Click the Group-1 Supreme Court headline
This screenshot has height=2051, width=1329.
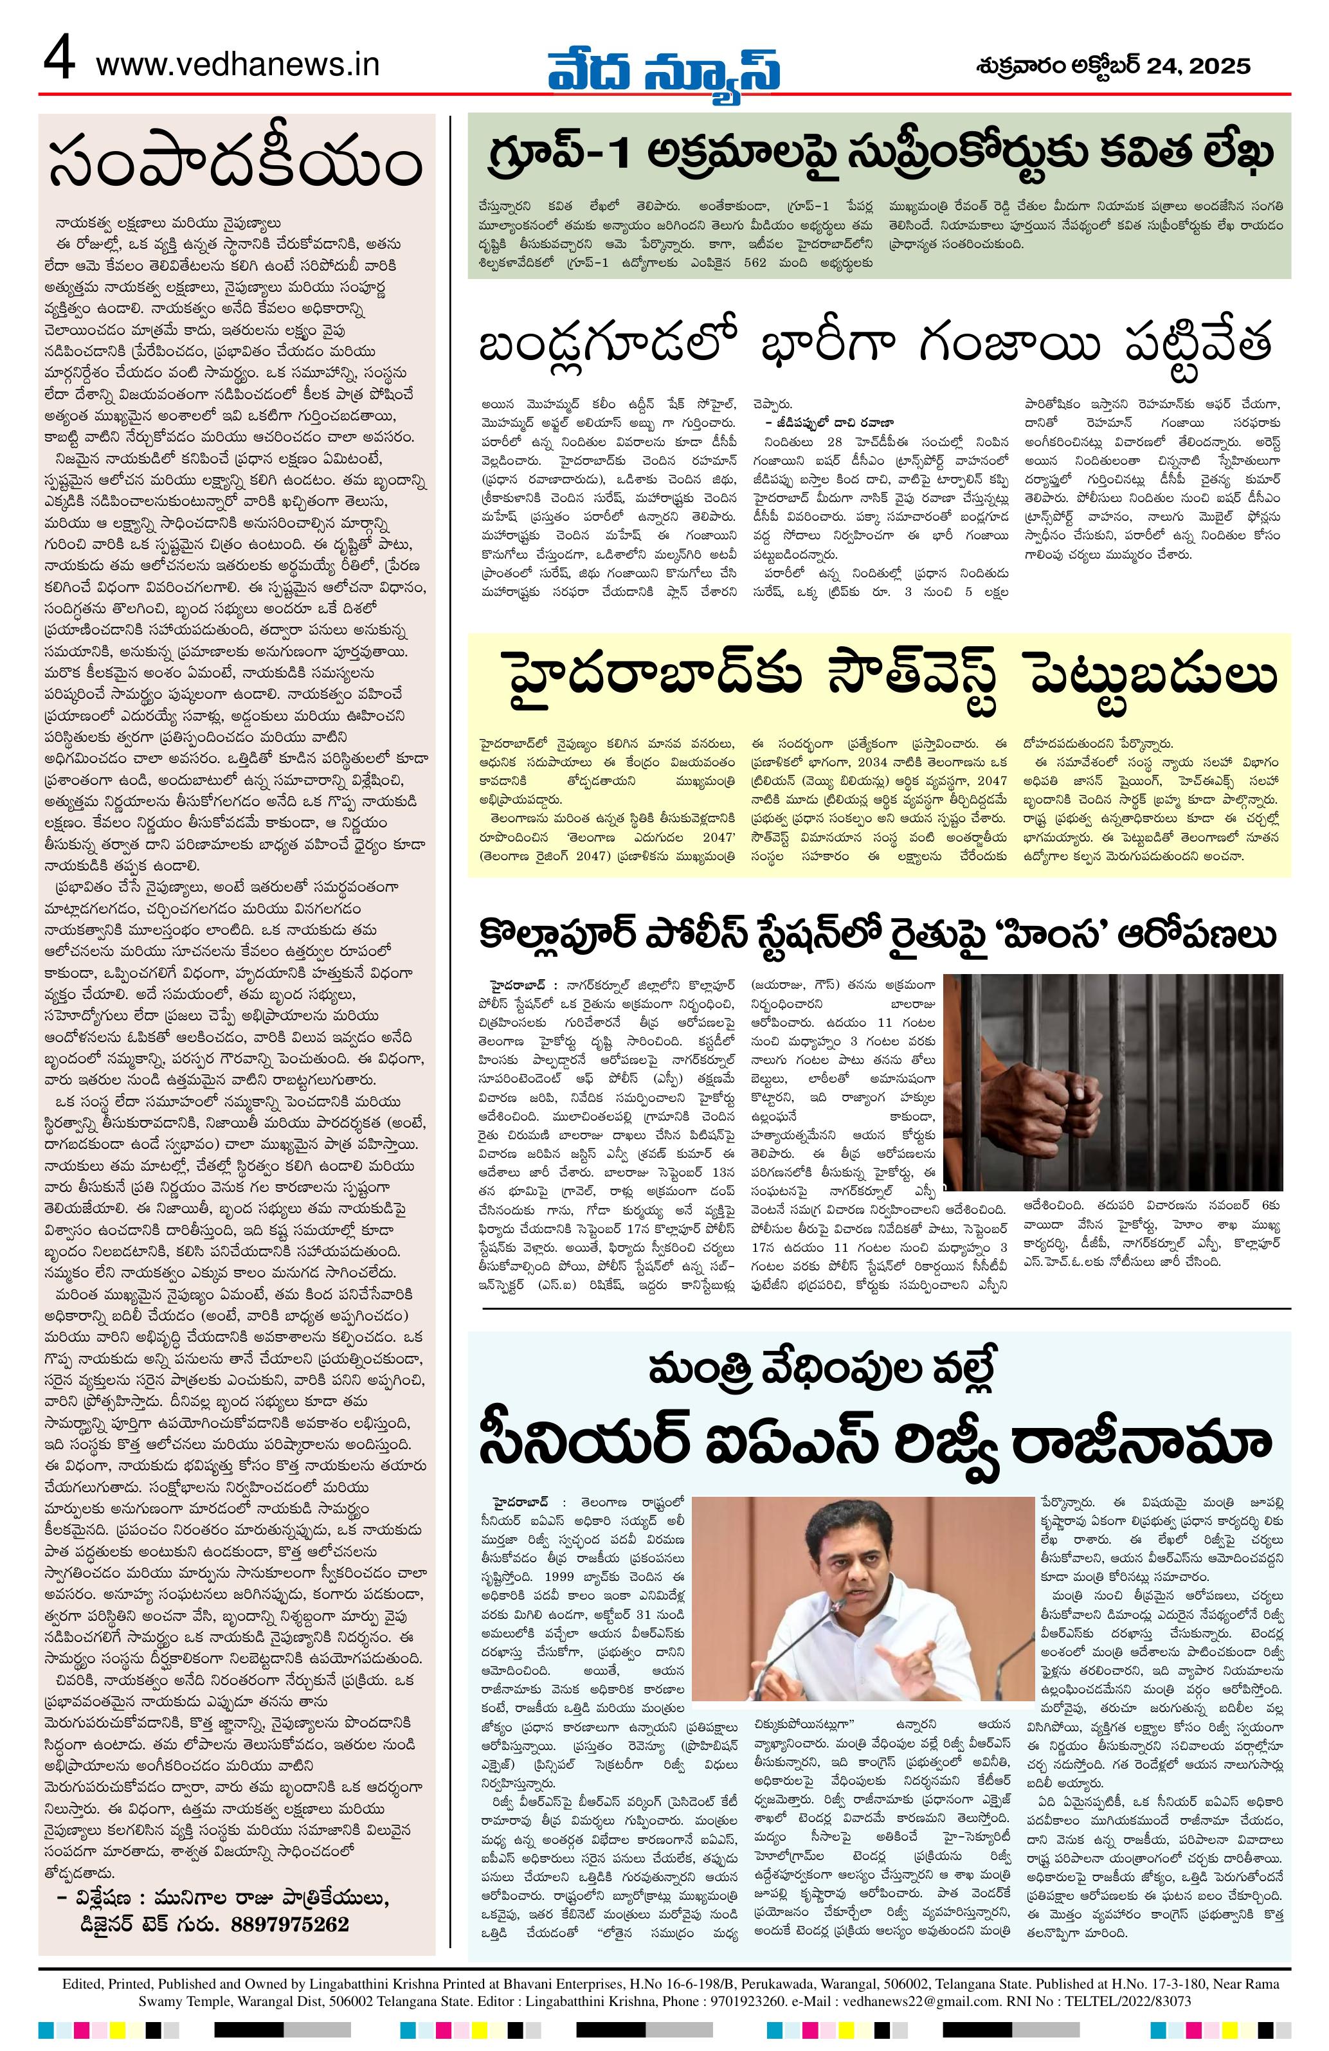coord(879,154)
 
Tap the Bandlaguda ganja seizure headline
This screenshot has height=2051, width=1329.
coord(879,349)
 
